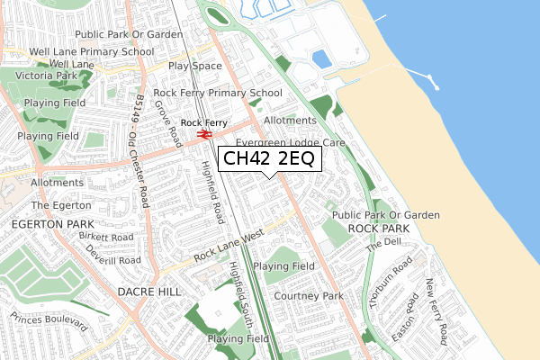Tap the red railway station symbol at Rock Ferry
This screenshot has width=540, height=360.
coord(204,134)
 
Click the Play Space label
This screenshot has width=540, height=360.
coord(194,67)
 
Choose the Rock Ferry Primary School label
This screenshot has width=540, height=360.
coord(218,93)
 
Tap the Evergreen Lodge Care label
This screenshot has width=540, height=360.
coord(290,143)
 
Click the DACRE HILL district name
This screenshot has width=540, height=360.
coord(148,292)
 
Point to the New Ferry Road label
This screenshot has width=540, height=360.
coord(436,311)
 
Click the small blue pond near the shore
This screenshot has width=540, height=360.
coord(321,59)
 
